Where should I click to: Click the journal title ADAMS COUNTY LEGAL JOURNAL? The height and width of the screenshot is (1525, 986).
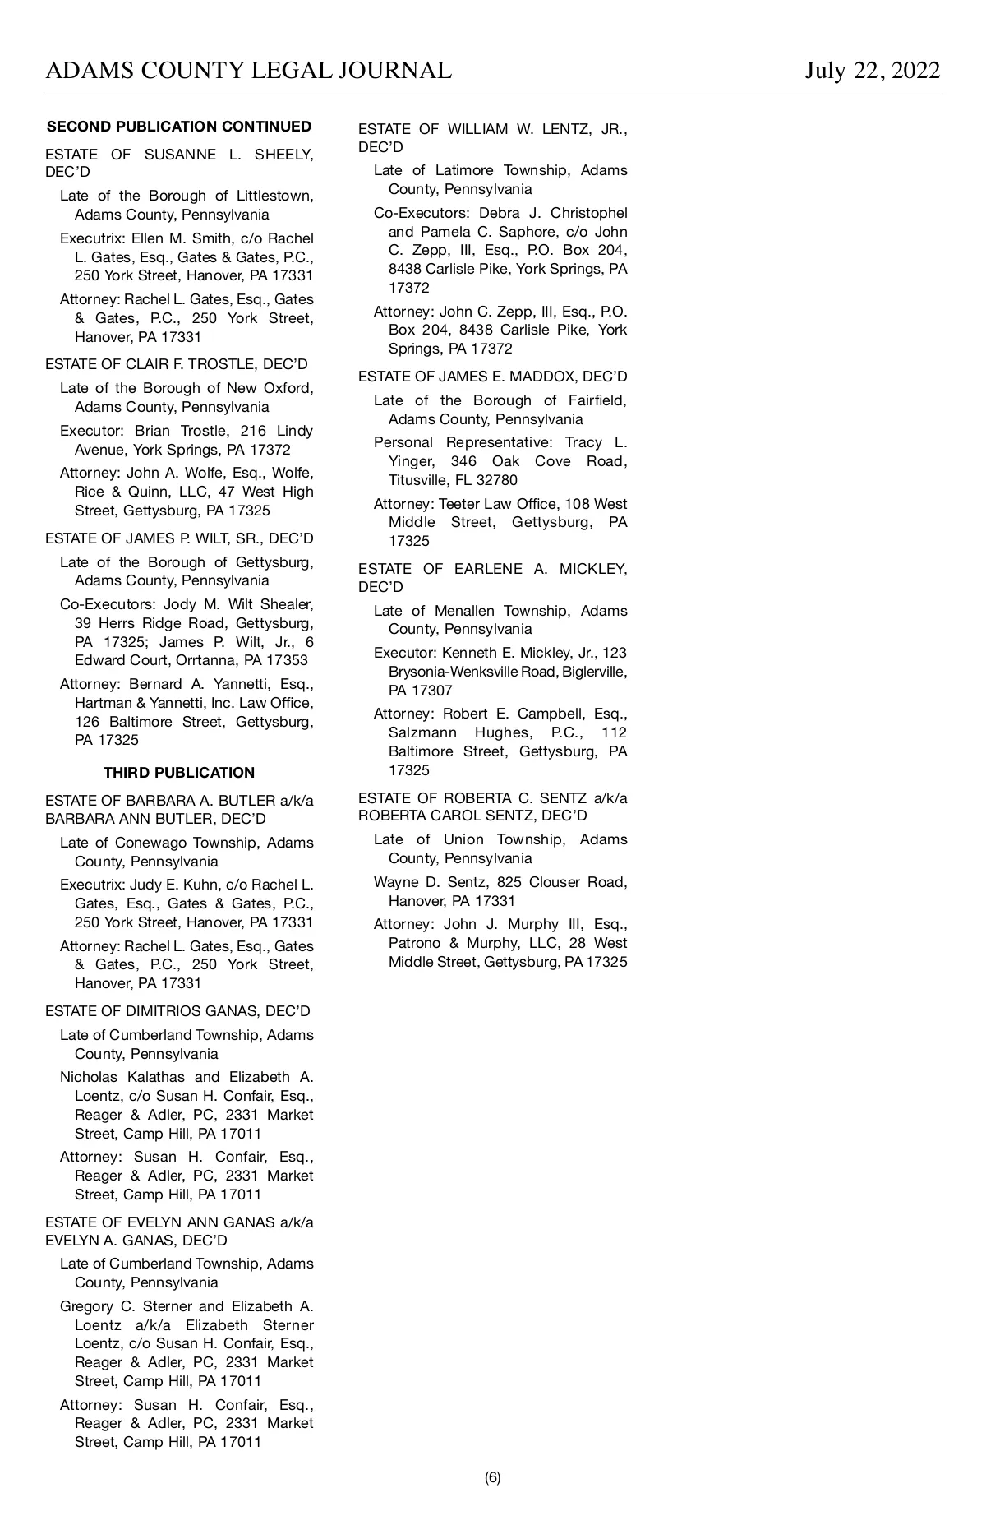tap(248, 71)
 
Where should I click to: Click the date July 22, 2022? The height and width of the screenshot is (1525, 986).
tap(872, 71)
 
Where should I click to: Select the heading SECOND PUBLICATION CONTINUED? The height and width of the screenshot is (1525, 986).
tap(179, 127)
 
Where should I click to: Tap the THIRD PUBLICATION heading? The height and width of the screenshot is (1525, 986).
tap(179, 773)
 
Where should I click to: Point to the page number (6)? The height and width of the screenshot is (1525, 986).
tap(492, 1477)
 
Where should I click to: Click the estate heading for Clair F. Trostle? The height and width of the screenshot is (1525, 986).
tap(177, 364)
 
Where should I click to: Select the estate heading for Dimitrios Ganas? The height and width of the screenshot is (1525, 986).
tap(178, 1011)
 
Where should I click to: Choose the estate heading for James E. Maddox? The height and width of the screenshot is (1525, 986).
tap(492, 377)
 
